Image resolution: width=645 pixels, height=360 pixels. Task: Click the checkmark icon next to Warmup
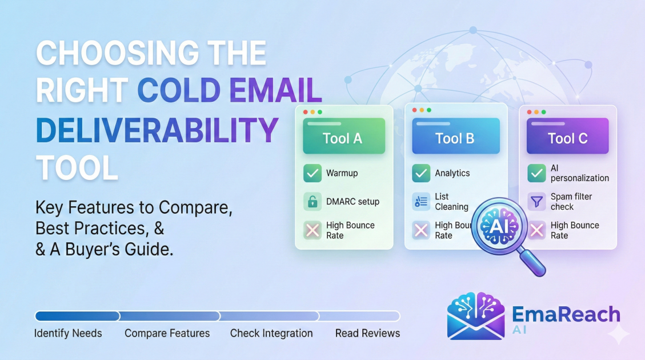[x=313, y=173]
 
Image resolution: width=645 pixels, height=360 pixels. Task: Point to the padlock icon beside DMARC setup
[x=313, y=202]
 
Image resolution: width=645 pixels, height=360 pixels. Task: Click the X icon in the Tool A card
[x=313, y=230]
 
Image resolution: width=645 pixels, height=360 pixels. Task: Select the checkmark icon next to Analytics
[x=421, y=173]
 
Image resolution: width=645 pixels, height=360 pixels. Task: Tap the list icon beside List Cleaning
[x=421, y=202]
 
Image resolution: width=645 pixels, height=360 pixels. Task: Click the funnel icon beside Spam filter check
[x=536, y=202]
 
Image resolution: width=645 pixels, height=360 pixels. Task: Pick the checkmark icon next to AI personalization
[x=536, y=173]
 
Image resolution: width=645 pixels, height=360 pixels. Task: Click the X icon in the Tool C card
[x=536, y=230]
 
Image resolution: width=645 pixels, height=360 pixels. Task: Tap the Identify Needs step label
[x=68, y=333]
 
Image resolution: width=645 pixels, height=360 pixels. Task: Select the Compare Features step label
[x=167, y=333]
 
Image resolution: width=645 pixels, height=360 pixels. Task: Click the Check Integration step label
[x=271, y=333]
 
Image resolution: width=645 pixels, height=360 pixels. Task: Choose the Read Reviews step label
[x=367, y=333]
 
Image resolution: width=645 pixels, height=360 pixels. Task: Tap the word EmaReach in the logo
[x=566, y=314]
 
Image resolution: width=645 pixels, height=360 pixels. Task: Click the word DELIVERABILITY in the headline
[x=157, y=130]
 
